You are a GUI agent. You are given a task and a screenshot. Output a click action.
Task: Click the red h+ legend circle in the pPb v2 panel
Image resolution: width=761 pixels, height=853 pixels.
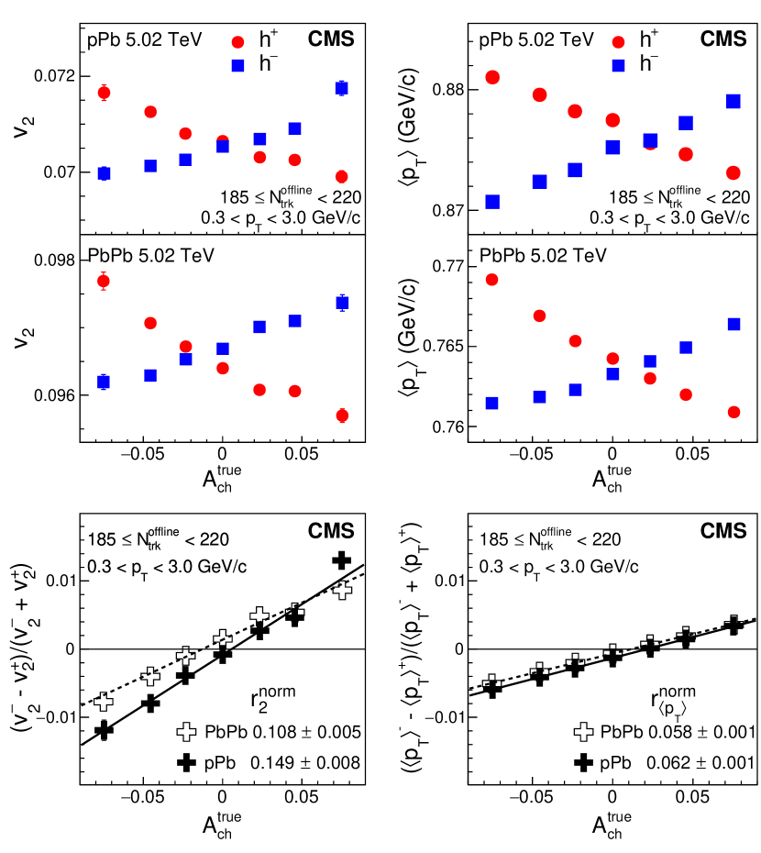(239, 41)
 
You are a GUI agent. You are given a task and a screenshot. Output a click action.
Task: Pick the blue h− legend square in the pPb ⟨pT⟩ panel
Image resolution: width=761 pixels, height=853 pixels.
(618, 65)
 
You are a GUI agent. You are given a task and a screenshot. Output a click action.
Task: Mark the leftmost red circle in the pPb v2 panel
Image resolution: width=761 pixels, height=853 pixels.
(104, 93)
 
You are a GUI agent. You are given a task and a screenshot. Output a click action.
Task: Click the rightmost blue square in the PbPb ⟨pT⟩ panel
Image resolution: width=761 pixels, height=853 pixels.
(733, 324)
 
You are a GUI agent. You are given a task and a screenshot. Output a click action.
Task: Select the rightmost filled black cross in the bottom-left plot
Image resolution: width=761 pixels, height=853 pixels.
(341, 559)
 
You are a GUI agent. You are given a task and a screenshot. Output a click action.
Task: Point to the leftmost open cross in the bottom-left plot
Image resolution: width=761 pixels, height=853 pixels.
(104, 702)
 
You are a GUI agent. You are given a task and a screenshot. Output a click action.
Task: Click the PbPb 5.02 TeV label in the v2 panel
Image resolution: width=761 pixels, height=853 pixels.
(150, 254)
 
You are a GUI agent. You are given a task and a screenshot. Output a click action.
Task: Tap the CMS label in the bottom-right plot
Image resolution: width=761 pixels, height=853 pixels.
(724, 531)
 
